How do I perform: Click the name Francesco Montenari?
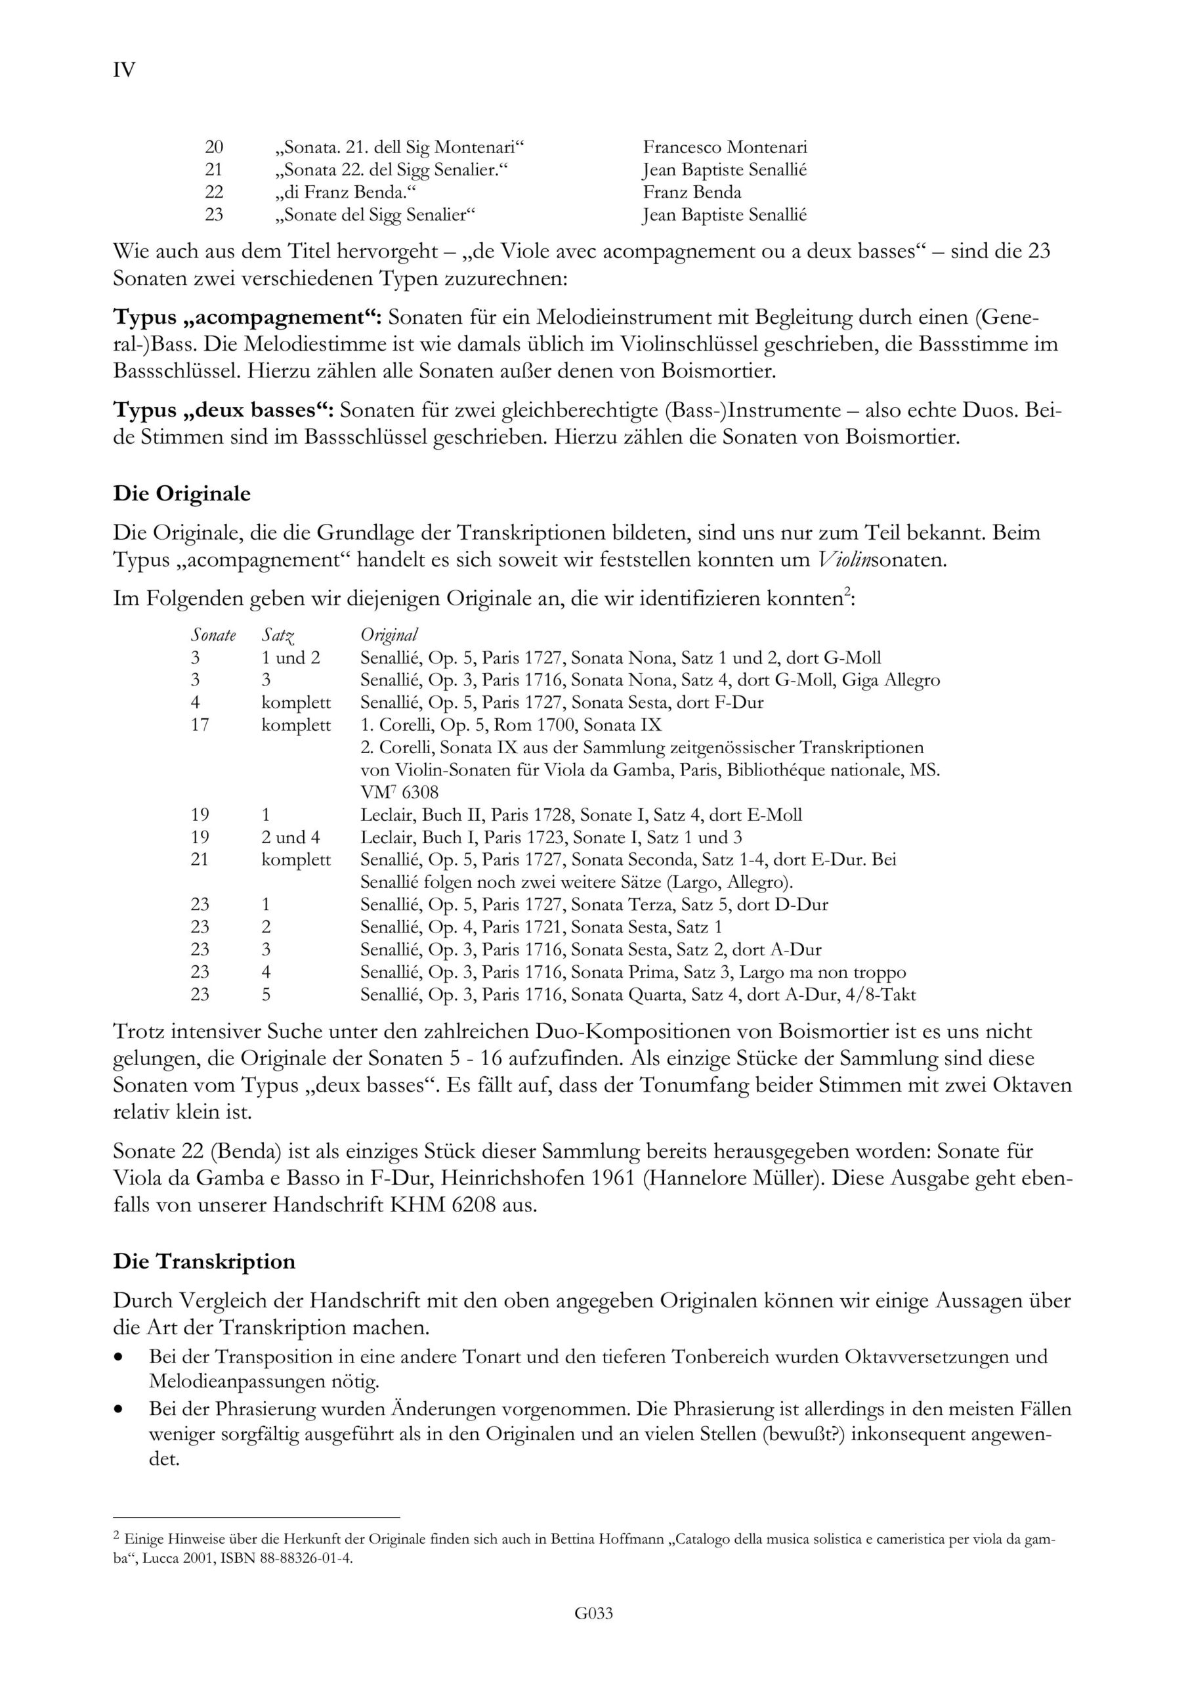(x=725, y=147)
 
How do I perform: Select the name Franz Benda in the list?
(x=692, y=192)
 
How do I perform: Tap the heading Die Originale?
(x=182, y=493)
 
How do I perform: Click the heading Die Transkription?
(x=204, y=1261)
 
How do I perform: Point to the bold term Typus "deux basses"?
(x=223, y=410)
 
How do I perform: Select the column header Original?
(x=389, y=635)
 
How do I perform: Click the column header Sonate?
(x=213, y=635)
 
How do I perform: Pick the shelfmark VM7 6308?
(x=399, y=792)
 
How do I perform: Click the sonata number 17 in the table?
(x=200, y=725)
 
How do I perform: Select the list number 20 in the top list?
(x=213, y=147)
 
